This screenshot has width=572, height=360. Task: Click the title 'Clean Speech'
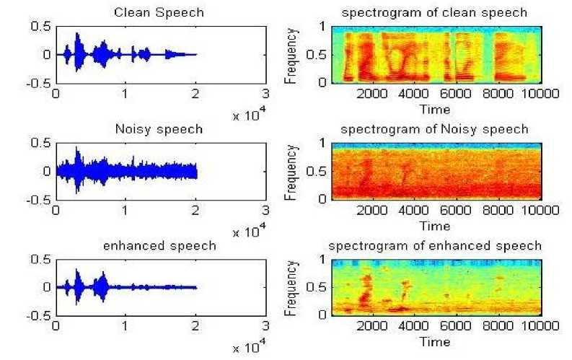tap(159, 13)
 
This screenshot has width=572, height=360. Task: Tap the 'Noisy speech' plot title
tap(159, 130)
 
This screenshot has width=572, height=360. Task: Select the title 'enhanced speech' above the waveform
tap(159, 246)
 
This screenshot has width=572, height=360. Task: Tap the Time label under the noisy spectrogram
tap(436, 226)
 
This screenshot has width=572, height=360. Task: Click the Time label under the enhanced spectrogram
tap(436, 342)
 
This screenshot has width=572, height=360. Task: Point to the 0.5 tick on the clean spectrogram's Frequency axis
tap(315, 54)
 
